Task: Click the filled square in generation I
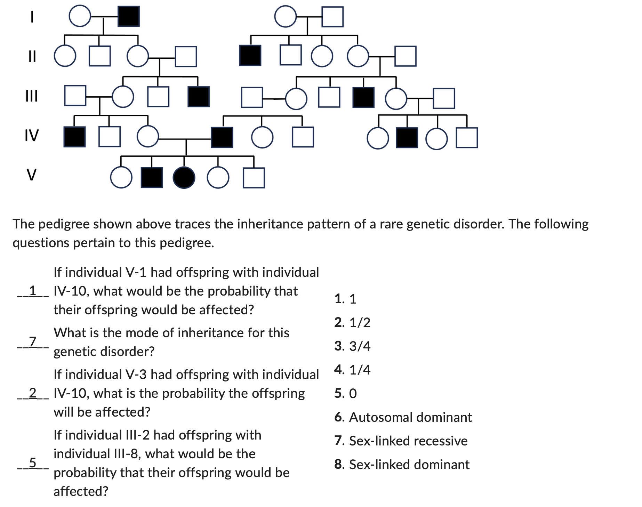pos(129,16)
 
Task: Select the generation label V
pos(31,175)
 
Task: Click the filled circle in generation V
pos(184,178)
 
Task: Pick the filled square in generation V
pos(152,178)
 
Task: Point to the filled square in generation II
pos(250,56)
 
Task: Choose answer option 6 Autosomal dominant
pos(403,417)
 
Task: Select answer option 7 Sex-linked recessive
pos(401,441)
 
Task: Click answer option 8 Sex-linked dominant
pos(402,465)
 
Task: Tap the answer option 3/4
pos(352,346)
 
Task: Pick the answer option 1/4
pos(352,370)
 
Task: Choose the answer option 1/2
pos(352,323)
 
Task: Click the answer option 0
pos(346,394)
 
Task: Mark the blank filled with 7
pos(33,342)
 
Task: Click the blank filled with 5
pos(33,463)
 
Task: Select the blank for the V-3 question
pos(33,393)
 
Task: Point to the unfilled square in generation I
pos(332,17)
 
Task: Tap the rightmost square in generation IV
pos(467,138)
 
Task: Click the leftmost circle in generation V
pos(121,178)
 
